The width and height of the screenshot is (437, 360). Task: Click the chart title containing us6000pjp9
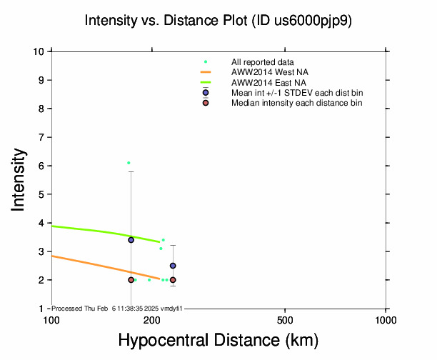(x=218, y=21)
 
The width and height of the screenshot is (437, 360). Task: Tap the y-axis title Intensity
(x=20, y=179)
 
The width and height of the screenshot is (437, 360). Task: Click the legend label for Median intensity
(x=296, y=104)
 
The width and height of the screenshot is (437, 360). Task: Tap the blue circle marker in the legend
(x=206, y=94)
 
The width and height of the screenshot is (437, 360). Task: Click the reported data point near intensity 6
(x=129, y=163)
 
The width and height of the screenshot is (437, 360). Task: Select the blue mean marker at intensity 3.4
(x=131, y=240)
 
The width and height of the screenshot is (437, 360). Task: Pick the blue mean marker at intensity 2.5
(x=173, y=266)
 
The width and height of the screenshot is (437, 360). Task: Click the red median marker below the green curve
(x=131, y=280)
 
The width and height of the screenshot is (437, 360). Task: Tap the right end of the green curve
(x=159, y=242)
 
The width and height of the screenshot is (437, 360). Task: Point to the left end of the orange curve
(x=52, y=256)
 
